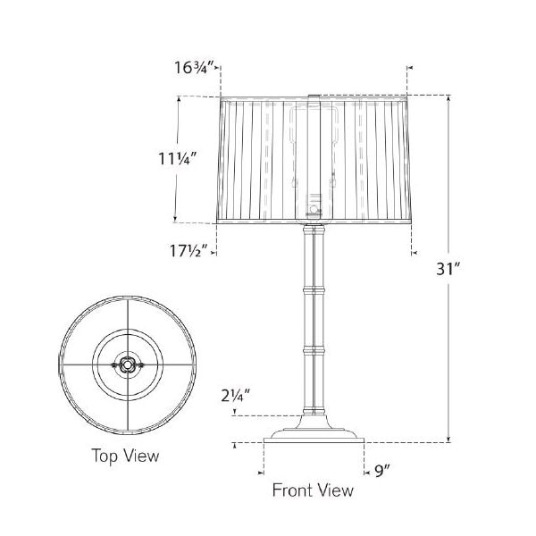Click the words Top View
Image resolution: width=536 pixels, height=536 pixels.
pos(126,456)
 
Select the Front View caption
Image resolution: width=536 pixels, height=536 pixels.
pos(313,490)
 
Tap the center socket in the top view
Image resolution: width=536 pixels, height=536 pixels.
pos(127,364)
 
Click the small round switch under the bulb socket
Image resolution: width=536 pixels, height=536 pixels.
pos(313,211)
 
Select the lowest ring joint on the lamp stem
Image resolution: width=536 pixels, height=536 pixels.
pos(314,350)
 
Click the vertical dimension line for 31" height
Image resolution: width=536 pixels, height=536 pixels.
pos(448,268)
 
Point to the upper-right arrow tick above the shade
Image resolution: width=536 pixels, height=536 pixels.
pos(409,68)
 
